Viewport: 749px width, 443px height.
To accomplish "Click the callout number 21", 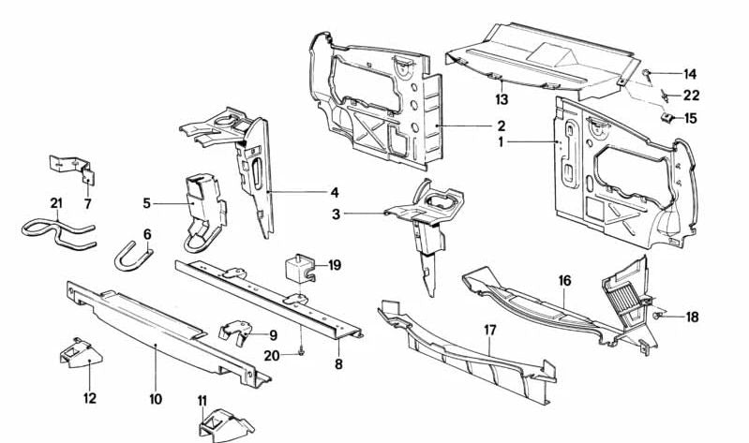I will point(55,203).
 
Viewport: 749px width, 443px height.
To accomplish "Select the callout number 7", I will point(87,203).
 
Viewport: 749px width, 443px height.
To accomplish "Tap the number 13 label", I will point(502,98).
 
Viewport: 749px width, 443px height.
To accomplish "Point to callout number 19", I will point(335,265).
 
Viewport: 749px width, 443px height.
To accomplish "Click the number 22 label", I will point(691,96).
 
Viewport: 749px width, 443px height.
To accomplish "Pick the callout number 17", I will point(489,329).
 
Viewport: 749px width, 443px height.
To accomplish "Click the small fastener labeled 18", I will point(661,315).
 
